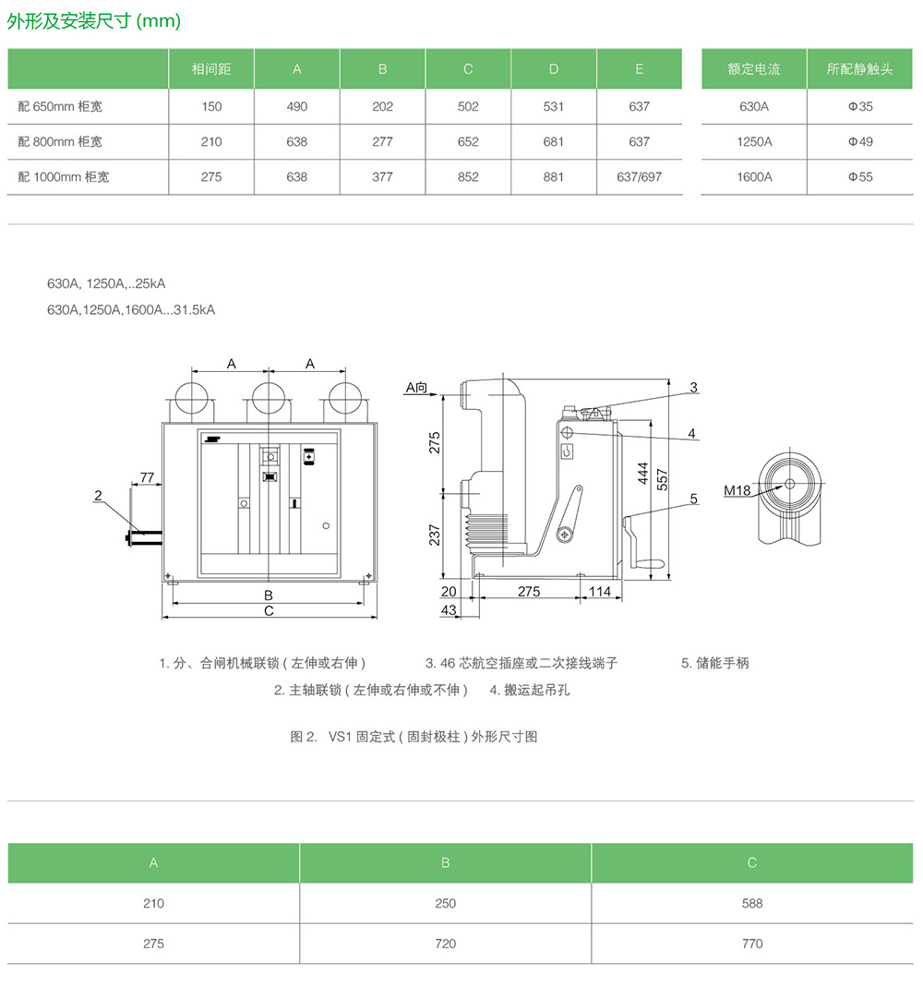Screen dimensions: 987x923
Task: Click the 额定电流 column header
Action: point(754,69)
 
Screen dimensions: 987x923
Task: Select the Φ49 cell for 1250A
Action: point(860,141)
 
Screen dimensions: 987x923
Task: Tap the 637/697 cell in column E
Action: point(639,176)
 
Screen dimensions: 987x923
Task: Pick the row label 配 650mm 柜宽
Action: point(60,106)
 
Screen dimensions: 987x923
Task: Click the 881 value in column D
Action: point(554,176)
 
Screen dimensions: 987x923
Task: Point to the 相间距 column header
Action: point(210,69)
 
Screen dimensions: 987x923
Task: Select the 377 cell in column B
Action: point(382,176)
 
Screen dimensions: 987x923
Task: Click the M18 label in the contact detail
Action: point(737,490)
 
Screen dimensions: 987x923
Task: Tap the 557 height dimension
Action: point(662,477)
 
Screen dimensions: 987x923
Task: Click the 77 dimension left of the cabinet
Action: point(146,477)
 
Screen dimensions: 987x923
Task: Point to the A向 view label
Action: point(417,388)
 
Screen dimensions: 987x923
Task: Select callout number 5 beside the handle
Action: point(693,499)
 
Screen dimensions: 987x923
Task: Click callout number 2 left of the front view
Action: point(98,496)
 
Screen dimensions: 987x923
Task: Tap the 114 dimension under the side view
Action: point(600,591)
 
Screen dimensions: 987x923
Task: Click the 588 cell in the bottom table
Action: point(751,903)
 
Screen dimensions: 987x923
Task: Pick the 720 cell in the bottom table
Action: point(445,944)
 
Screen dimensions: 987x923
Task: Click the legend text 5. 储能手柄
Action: point(715,663)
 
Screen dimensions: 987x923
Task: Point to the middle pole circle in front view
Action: point(270,399)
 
